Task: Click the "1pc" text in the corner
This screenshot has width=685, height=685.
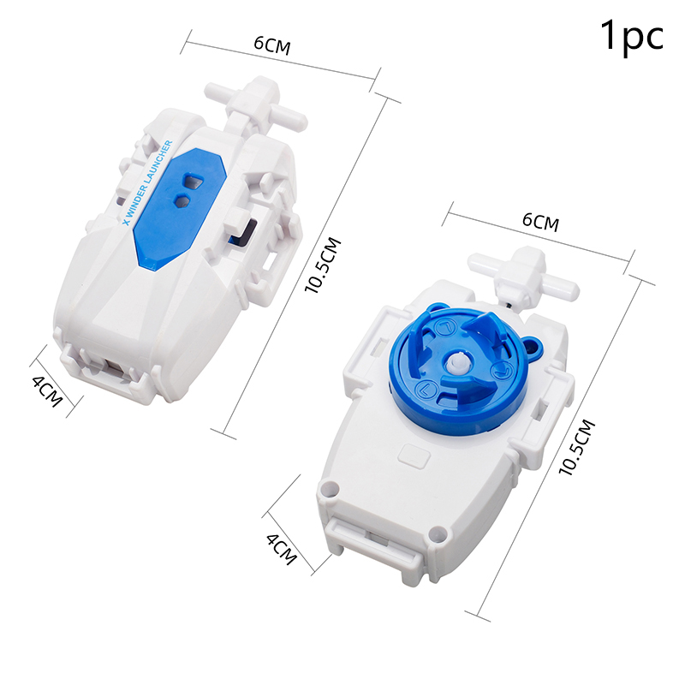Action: pyautogui.click(x=632, y=36)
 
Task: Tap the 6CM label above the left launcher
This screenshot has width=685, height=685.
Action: pyautogui.click(x=272, y=45)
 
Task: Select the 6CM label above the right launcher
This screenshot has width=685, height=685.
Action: pyautogui.click(x=541, y=222)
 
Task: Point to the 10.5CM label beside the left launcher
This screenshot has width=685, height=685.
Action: pyautogui.click(x=324, y=265)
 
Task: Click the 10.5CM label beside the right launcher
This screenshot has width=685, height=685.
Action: pyautogui.click(x=577, y=447)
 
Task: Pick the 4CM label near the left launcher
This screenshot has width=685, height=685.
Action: pyautogui.click(x=48, y=391)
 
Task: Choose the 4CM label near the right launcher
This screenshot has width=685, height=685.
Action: pyautogui.click(x=282, y=549)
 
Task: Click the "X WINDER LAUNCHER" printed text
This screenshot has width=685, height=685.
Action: pyautogui.click(x=147, y=182)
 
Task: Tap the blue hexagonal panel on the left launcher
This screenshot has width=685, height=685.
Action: pyautogui.click(x=180, y=206)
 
